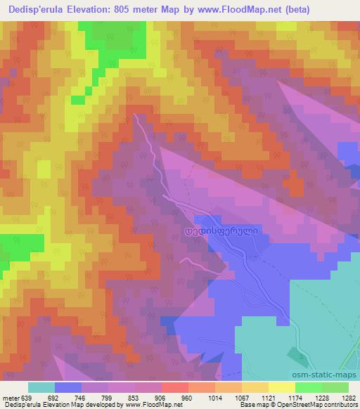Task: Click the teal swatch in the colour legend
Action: tap(41, 388)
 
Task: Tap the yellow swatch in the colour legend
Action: tap(281, 388)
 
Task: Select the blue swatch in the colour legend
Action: tap(68, 388)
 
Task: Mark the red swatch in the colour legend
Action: tap(175, 388)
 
